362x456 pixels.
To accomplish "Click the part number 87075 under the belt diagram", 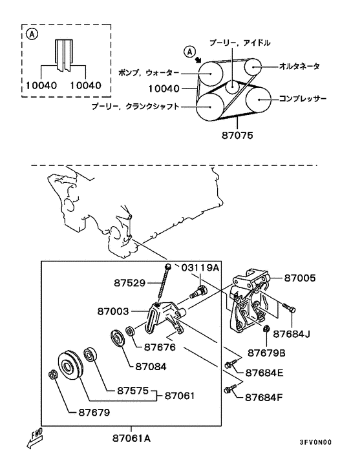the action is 237,135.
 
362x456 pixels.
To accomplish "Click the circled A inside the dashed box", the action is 32,34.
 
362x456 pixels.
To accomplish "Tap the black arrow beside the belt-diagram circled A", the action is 198,60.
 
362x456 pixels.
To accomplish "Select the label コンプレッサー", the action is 303,99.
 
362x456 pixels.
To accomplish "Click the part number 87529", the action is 129,283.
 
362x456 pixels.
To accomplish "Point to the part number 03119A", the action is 200,267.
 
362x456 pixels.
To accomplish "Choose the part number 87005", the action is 300,278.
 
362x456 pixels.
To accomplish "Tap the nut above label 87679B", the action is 266,329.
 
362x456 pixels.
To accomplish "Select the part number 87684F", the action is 264,397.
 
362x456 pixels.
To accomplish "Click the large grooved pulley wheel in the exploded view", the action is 70,366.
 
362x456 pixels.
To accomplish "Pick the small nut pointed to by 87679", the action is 52,375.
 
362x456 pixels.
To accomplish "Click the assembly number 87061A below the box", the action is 131,439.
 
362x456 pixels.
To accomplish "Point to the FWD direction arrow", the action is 34,439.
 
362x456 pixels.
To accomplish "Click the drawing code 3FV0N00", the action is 315,442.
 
